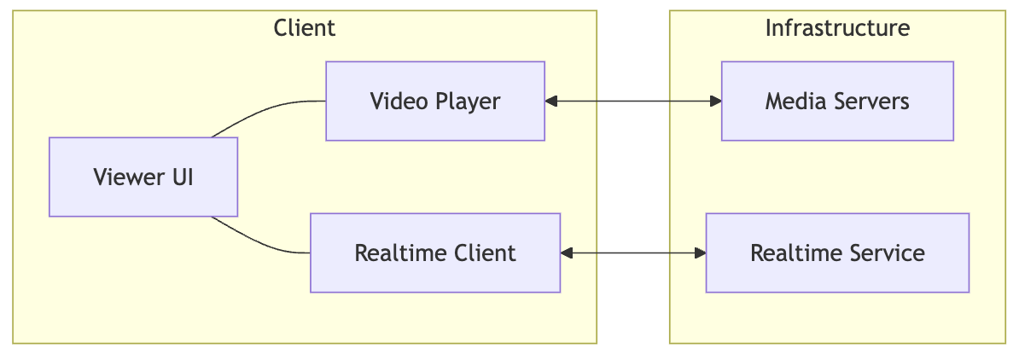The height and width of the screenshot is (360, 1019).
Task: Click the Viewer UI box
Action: (x=143, y=177)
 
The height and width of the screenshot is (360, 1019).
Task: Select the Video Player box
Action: (x=434, y=101)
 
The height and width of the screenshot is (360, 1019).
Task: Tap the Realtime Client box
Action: (x=434, y=253)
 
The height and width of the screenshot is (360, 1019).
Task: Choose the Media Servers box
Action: (x=836, y=101)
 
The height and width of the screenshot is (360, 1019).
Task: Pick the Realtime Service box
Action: (x=836, y=253)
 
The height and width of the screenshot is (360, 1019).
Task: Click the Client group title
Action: (x=305, y=28)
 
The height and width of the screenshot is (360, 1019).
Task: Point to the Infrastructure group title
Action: (x=836, y=28)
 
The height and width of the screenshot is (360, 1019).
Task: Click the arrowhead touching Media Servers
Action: (x=715, y=102)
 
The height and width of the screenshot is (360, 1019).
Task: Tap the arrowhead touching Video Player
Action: (x=551, y=102)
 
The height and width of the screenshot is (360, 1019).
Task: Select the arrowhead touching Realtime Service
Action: (x=700, y=253)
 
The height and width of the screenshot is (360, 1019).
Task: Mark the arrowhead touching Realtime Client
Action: (x=567, y=253)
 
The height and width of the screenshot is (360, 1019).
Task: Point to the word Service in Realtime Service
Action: (x=884, y=253)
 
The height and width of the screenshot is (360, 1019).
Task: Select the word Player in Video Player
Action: (x=467, y=102)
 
